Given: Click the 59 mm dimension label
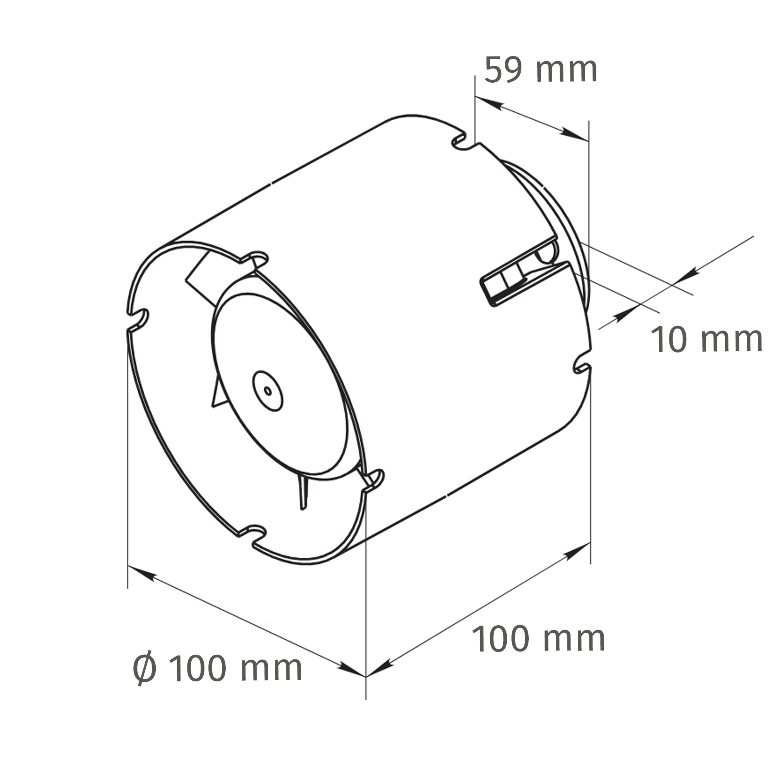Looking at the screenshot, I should (541, 70).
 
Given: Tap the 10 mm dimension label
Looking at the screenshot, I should (707, 340).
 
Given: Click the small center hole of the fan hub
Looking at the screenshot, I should (268, 391).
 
